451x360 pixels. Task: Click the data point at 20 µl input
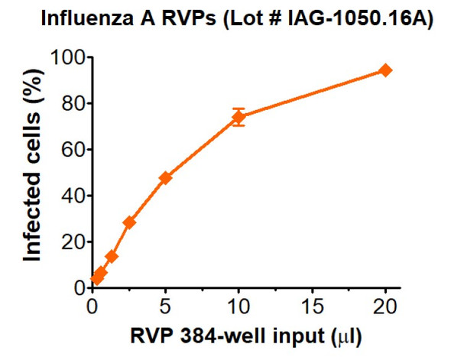click(385, 70)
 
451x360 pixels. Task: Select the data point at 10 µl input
click(238, 117)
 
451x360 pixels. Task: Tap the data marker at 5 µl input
click(165, 177)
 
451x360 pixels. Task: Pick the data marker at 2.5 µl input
click(129, 222)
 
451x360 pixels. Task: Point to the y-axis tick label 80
click(70, 103)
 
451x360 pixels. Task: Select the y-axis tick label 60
click(70, 149)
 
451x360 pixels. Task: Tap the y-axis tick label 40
click(70, 196)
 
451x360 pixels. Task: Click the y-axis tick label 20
click(70, 242)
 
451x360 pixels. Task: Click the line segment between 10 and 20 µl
click(312, 93)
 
